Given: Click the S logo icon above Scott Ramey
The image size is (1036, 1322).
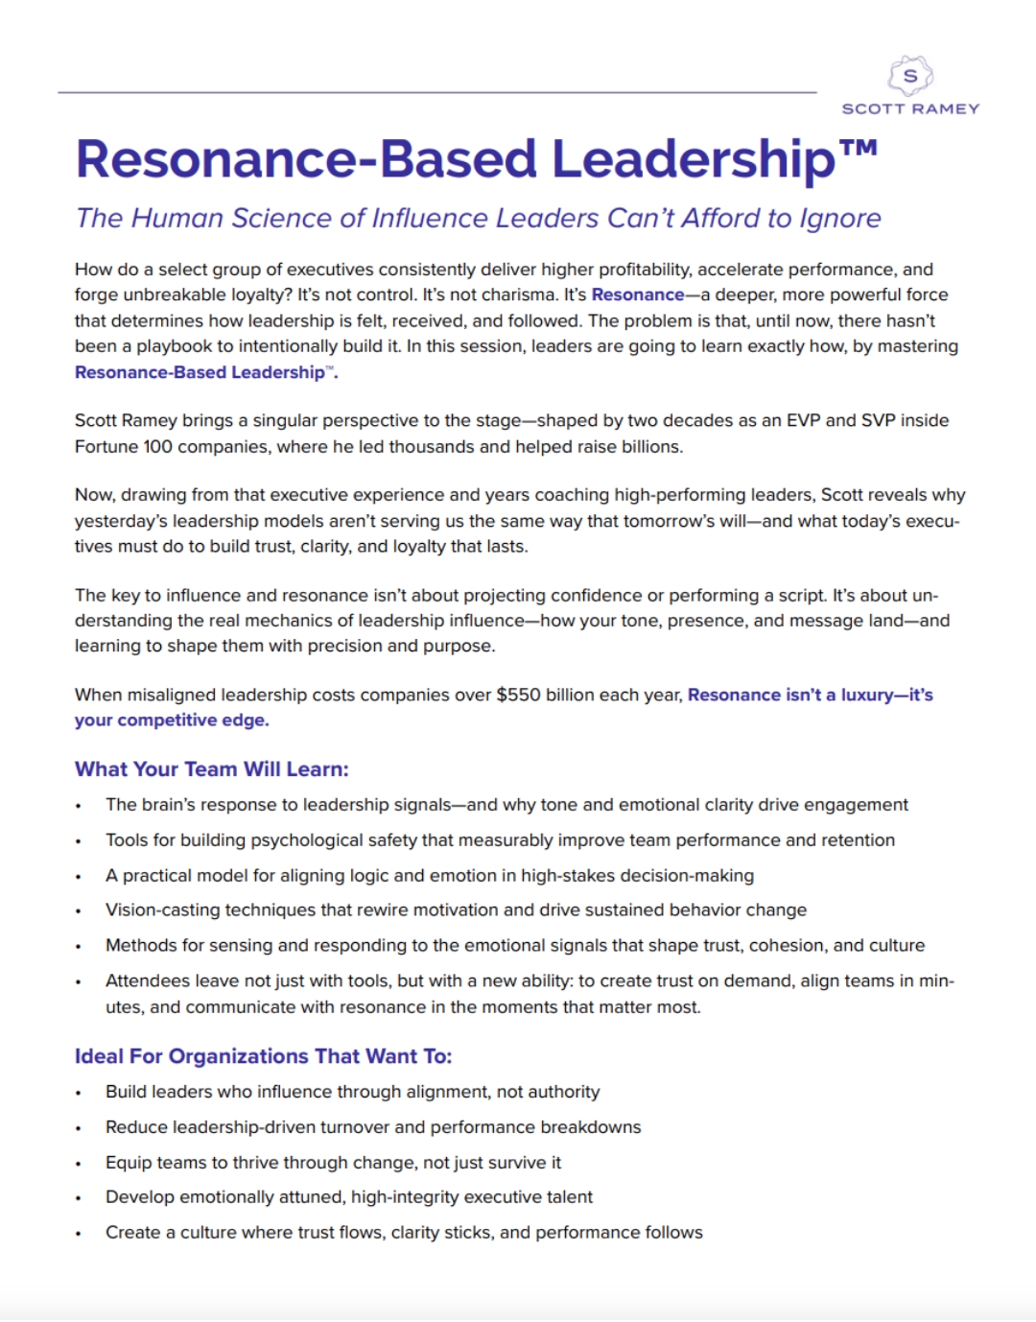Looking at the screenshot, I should [910, 76].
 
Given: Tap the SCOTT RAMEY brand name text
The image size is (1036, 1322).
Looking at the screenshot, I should [910, 109].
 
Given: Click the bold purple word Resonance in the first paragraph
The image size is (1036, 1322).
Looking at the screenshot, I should [638, 295].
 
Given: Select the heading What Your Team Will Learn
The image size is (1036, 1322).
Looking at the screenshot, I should [212, 769].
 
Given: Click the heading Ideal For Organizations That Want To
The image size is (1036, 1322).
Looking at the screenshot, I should [263, 1056].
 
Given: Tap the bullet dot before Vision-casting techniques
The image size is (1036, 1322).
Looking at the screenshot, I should [79, 911].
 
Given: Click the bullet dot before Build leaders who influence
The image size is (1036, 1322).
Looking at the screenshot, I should [79, 1094].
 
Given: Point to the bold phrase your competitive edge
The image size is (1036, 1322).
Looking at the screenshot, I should [172, 720].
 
